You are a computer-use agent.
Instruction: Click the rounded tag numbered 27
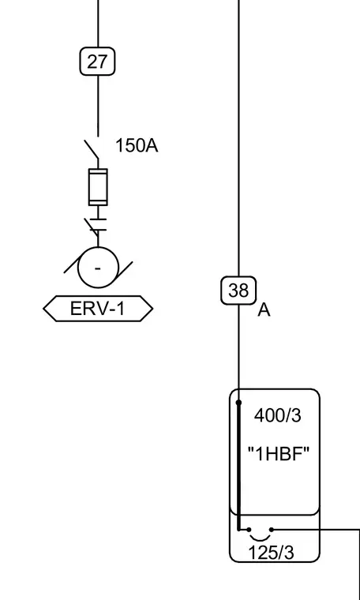coord(97,62)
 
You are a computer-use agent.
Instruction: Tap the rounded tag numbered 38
coord(238,291)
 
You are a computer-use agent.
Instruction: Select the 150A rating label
coord(137,146)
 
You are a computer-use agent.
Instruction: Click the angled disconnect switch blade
coord(91,150)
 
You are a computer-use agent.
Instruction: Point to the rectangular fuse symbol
coord(98,187)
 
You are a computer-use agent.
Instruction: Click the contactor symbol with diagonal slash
coord(98,225)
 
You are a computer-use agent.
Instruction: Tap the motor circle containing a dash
coord(98,268)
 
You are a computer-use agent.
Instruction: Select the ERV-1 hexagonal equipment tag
coord(98,309)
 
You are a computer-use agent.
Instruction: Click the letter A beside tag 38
coord(264,310)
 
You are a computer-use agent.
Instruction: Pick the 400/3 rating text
coord(278,415)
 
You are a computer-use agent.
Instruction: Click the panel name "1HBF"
coord(278,455)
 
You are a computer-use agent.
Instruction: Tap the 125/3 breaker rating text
coord(272,553)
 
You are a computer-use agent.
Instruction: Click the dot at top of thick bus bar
coord(238,403)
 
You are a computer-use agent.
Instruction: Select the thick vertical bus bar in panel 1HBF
coord(238,466)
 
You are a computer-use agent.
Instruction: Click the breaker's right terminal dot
coord(272,530)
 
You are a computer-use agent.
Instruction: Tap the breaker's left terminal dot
coord(249,530)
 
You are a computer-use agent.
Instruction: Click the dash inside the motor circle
coord(98,268)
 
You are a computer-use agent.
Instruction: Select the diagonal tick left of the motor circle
coord(73,264)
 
